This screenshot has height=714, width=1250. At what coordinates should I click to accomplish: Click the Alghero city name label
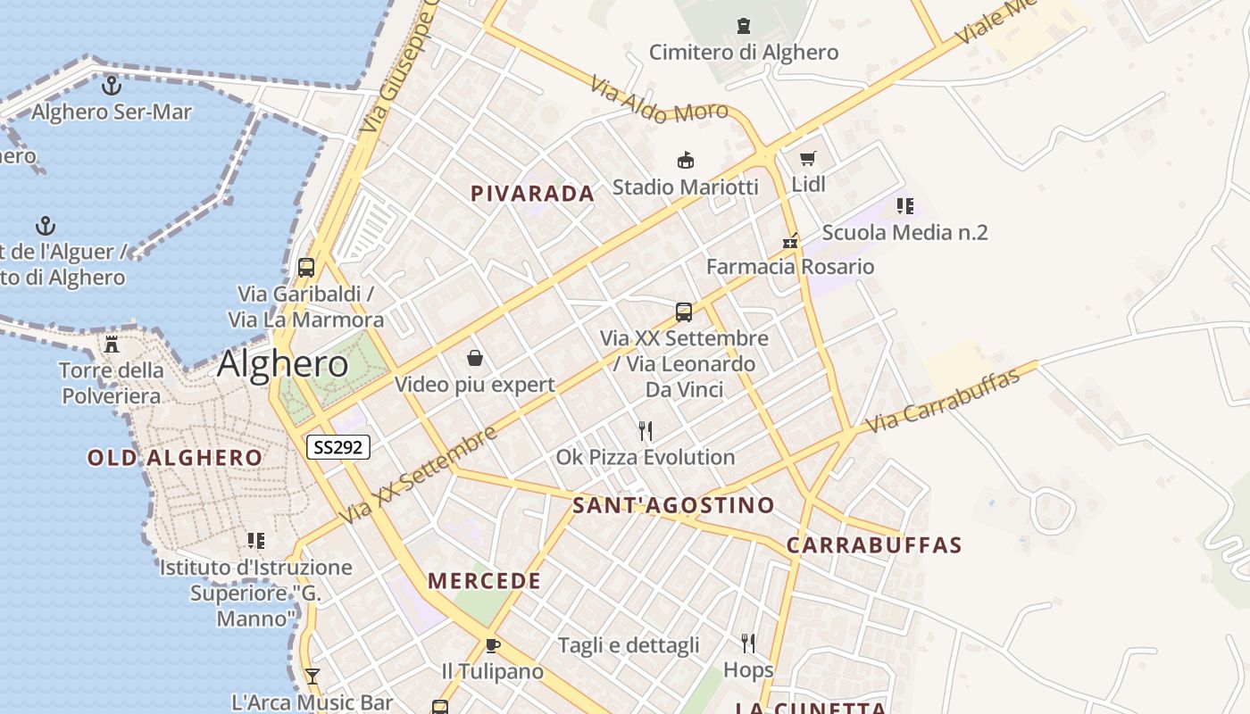[282, 364]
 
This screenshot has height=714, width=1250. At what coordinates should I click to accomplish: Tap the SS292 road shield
[338, 447]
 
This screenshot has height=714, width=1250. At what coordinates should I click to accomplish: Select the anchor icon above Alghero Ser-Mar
[112, 86]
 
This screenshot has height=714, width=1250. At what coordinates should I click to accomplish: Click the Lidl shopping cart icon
[808, 159]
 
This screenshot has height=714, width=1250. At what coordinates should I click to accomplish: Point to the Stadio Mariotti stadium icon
[685, 161]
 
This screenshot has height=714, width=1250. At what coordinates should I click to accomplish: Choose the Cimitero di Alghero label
[743, 52]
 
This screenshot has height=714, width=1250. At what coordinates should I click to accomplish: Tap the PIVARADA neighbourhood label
[532, 194]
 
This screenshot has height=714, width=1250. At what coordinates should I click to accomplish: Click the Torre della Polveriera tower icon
[112, 344]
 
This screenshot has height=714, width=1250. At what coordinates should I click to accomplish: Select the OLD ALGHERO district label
[175, 458]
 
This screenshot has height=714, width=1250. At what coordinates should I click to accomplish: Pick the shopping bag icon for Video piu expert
[475, 359]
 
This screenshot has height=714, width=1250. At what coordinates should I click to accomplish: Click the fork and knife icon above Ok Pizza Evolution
[646, 431]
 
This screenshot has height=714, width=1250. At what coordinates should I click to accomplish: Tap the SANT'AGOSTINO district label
[673, 505]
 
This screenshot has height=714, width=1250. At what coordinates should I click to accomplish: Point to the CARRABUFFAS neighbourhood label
[873, 545]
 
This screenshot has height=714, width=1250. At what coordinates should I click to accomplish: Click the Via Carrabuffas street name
[943, 401]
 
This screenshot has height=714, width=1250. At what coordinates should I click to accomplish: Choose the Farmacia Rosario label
[789, 267]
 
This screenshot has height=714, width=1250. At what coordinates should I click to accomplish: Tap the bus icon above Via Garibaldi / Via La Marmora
[306, 267]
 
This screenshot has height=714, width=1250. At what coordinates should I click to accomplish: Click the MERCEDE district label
[484, 581]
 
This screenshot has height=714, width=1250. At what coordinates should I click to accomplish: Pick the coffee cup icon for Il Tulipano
[492, 645]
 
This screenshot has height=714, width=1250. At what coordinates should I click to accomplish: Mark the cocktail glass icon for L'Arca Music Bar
[312, 676]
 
